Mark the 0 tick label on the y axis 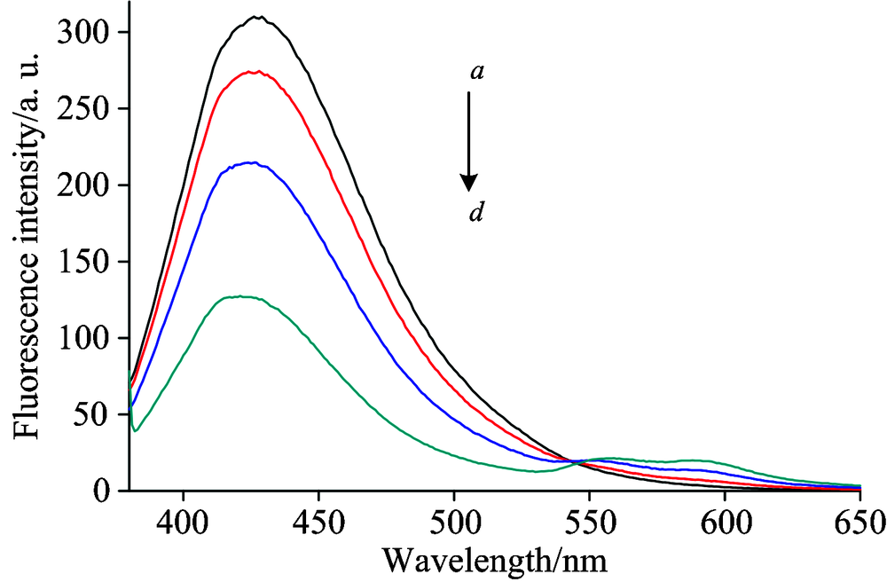click(103, 491)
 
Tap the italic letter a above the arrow click(476, 72)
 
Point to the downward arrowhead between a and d click(469, 182)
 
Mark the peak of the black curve click(257, 16)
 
